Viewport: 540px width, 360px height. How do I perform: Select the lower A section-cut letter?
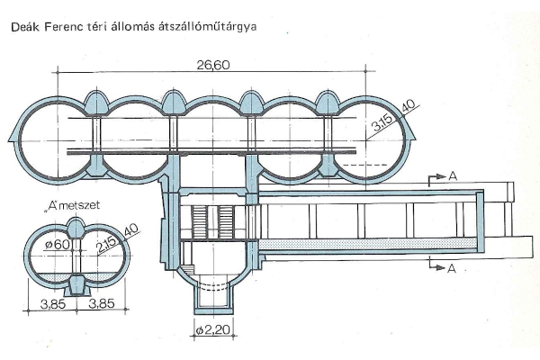(x=452, y=267)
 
